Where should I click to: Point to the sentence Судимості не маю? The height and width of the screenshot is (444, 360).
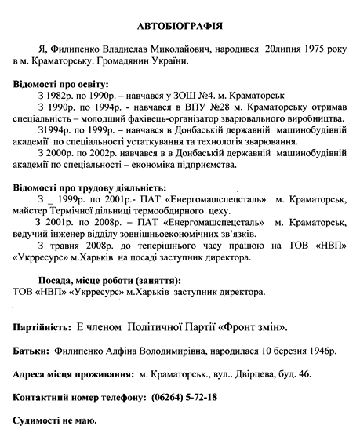click(55, 421)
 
